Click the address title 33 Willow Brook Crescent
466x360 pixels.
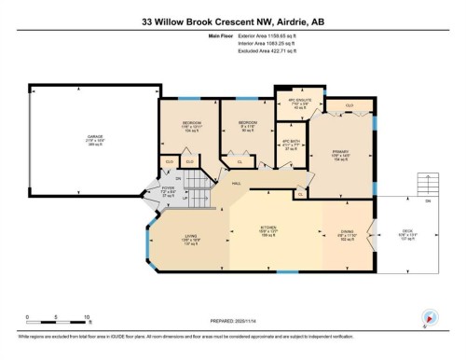coord(233,20)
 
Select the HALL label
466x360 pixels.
coord(237,184)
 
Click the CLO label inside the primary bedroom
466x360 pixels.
coord(349,106)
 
